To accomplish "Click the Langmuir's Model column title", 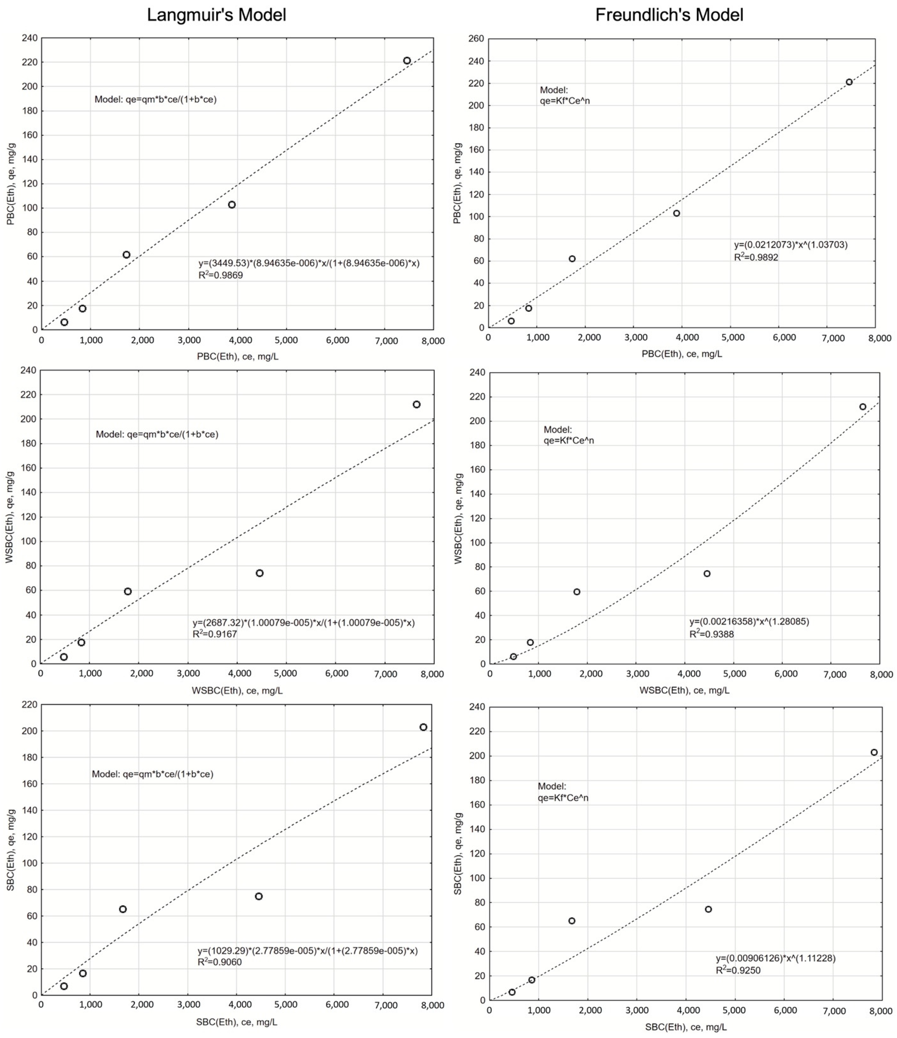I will (216, 15).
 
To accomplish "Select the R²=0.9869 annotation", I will (221, 275).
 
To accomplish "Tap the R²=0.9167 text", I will (215, 634).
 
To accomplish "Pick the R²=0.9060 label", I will (219, 962).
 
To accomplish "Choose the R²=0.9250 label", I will (738, 970).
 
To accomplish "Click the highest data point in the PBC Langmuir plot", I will (407, 61).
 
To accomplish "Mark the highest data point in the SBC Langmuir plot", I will (423, 727).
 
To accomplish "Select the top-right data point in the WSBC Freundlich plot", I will (863, 407).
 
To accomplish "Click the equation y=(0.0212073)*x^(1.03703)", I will (791, 245).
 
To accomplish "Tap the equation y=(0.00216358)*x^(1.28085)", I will (749, 622).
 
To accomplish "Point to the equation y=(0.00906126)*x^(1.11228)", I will (775, 958).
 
